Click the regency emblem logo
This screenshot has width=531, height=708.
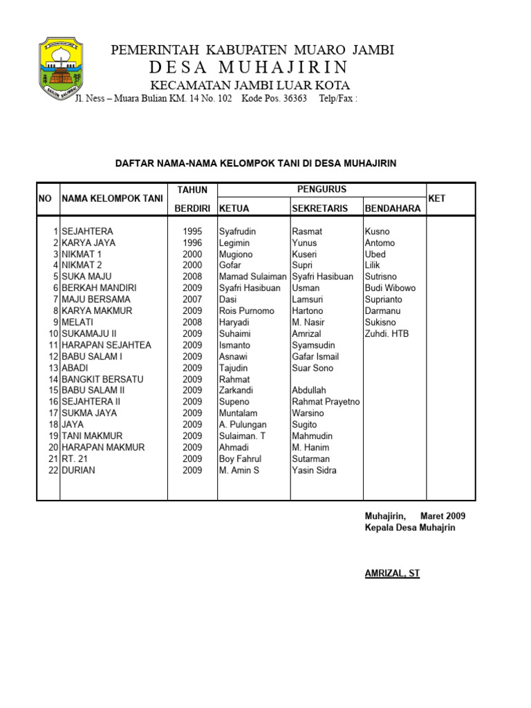tap(61, 69)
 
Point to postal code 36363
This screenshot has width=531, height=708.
tap(290, 98)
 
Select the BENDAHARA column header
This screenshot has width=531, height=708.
tap(392, 208)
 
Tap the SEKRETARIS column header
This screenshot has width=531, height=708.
tap(322, 208)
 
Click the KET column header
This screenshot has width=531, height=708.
tap(438, 198)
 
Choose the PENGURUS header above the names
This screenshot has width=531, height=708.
tap(322, 189)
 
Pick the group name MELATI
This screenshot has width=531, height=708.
tap(77, 322)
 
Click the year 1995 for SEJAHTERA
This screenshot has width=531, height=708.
tap(192, 232)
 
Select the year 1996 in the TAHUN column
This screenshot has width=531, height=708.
tap(192, 243)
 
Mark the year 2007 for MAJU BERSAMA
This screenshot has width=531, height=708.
tap(192, 299)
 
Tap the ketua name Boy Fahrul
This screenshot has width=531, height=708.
tap(240, 458)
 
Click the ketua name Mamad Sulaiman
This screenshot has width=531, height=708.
tap(252, 277)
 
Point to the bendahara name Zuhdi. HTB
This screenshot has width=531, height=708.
tap(386, 333)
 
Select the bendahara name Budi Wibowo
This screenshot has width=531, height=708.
tap(390, 288)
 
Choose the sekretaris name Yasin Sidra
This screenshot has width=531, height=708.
tap(315, 470)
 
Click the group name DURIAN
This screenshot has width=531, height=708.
tap(78, 470)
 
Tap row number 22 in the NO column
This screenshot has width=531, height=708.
tap(53, 470)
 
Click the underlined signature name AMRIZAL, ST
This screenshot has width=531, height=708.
tap(392, 573)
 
